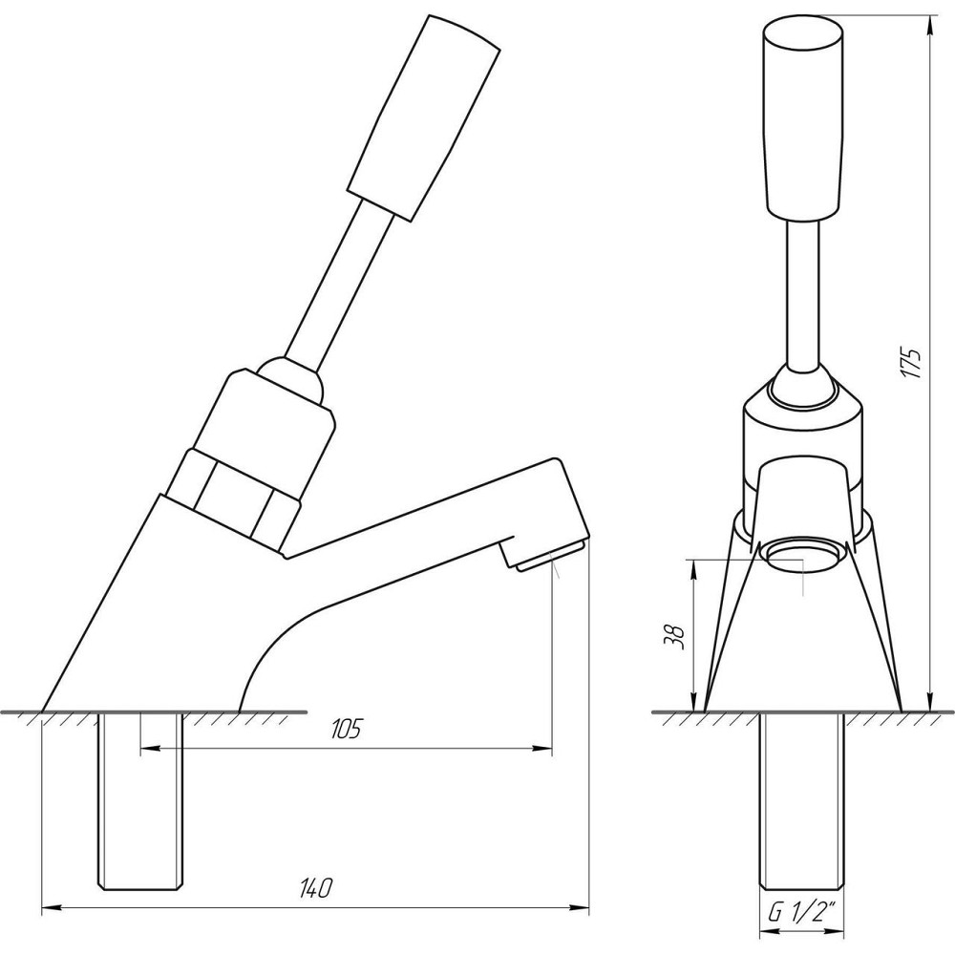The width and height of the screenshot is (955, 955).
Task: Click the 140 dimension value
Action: point(316,888)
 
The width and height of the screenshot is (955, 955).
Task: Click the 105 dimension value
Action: point(346,729)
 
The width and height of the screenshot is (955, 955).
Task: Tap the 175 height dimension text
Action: point(912,364)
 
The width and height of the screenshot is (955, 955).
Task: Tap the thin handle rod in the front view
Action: point(803,295)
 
